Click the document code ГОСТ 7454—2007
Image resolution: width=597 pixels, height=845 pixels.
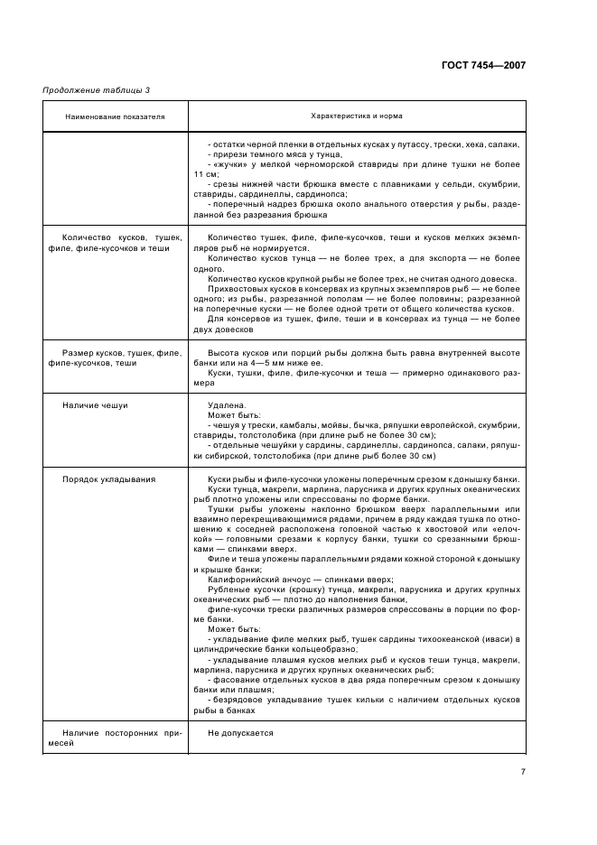click(x=483, y=65)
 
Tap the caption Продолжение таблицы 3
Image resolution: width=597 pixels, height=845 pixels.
click(x=96, y=90)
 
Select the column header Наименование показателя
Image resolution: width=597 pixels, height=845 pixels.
click(x=115, y=116)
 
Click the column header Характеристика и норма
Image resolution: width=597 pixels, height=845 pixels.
click(x=356, y=116)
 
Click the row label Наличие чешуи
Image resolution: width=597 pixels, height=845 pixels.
click(x=95, y=405)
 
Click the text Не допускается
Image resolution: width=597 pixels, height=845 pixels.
click(x=240, y=733)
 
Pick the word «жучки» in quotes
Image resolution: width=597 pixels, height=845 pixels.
click(x=227, y=164)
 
